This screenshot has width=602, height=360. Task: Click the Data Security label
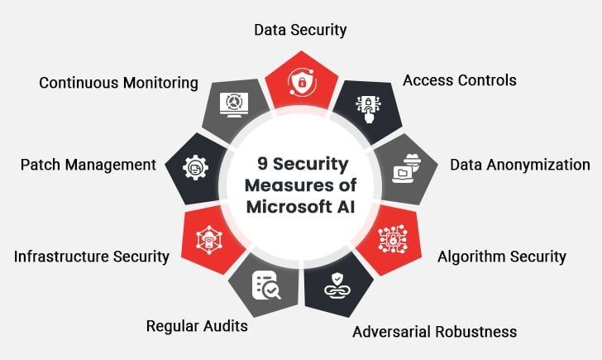click(x=300, y=31)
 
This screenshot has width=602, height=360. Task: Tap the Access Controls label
click(x=459, y=80)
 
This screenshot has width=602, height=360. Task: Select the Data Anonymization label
click(x=519, y=164)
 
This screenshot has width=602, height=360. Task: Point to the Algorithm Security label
click(x=502, y=256)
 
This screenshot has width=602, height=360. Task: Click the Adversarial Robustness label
click(x=434, y=332)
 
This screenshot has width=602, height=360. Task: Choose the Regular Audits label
click(x=197, y=325)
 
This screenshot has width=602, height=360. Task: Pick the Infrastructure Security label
click(x=92, y=256)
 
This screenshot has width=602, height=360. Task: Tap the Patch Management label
click(x=88, y=164)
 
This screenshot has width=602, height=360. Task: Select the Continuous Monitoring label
click(x=118, y=83)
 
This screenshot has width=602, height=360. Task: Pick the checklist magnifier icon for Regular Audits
click(x=266, y=284)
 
